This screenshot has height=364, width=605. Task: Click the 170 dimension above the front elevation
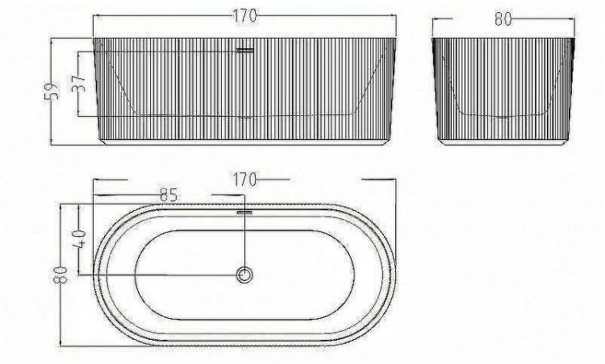pos(245,14)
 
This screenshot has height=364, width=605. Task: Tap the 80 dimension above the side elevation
pos(503,19)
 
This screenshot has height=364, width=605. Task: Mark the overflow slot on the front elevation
pos(245,51)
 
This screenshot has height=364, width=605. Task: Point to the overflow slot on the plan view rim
pos(245,213)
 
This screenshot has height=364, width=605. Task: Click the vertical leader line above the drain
pos(245,242)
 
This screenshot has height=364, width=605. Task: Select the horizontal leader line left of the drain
pos(161,275)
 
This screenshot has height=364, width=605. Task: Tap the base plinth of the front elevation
pos(246,139)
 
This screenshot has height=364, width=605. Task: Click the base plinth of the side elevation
pos(504,139)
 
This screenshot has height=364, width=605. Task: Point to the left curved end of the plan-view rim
pos(98,275)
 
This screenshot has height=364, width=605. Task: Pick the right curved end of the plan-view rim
pos(396,275)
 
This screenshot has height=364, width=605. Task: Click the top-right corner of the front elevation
pos(398,38)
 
